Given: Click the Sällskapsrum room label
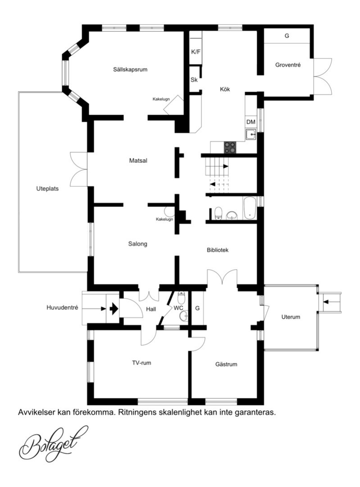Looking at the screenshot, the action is tap(130, 69).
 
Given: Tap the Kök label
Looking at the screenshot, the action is tap(225, 89).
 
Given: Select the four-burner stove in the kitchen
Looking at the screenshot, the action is tap(230, 147).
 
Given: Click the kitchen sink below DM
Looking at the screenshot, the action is tap(251, 135).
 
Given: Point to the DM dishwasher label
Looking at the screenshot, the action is tap(251, 122).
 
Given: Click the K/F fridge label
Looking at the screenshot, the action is tap(196, 52).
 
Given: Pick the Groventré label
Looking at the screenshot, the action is tap(288, 65).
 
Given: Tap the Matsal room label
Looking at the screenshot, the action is tap(138, 161).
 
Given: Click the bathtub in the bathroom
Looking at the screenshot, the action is tap(250, 208).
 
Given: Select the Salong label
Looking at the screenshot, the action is tap(138, 244).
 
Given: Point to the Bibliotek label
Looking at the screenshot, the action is tap(218, 250).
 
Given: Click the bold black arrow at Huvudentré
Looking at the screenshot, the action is tap(114, 309).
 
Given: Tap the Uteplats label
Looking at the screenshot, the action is tap(47, 189).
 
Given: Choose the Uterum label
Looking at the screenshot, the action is tap(291, 317).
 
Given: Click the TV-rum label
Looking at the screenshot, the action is tap(141, 363).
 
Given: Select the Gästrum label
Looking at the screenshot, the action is tap(226, 364).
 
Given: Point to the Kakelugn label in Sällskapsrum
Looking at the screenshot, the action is tap(161, 99).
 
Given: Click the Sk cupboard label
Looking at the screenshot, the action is tap(194, 80).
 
